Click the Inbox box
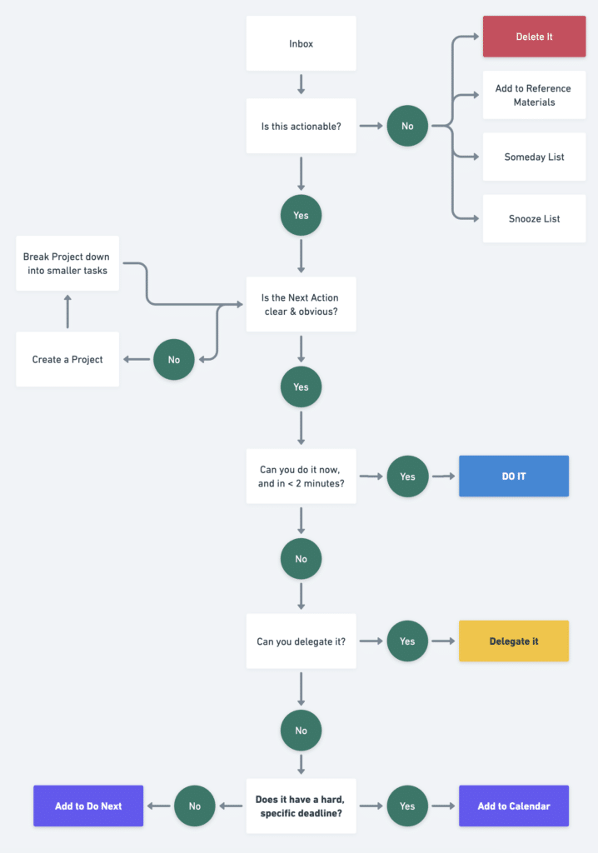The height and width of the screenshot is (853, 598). [301, 43]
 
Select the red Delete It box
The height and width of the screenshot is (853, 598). [534, 37]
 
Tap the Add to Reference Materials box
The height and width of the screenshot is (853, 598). [534, 95]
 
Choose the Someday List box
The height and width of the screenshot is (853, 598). [534, 157]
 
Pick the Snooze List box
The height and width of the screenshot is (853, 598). [534, 218]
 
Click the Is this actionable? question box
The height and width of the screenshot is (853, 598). [301, 126]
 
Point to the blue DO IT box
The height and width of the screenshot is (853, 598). [513, 476]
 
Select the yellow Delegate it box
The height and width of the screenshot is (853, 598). [513, 641]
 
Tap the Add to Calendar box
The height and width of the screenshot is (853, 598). [513, 806]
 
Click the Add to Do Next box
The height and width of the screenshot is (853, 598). [88, 806]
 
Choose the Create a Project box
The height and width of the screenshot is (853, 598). [67, 359]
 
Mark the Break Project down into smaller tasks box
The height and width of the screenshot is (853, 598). [67, 263]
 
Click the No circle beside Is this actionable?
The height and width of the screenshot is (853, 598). [407, 126]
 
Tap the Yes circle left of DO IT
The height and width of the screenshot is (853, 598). [407, 476]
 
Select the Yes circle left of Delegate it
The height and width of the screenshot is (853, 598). [407, 641]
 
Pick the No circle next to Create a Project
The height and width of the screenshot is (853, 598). [173, 359]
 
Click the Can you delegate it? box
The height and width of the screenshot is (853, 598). [301, 641]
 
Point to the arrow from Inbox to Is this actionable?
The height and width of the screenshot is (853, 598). [301, 84]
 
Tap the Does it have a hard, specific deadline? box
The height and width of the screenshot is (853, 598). [301, 806]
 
